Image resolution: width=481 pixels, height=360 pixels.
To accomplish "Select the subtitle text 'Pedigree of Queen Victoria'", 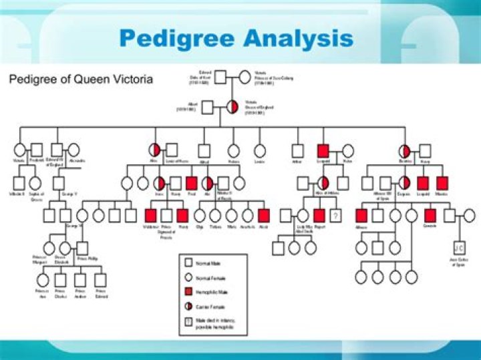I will (80, 79).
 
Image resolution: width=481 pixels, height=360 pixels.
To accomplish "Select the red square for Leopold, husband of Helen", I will (323, 152).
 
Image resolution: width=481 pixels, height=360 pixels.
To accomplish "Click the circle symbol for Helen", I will (347, 152).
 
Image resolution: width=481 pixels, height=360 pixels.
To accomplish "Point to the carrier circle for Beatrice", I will (405, 152).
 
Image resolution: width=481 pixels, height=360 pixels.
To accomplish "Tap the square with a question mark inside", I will (336, 215).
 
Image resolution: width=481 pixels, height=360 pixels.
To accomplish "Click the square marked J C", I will (459, 247).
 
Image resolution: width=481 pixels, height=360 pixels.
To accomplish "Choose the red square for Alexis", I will (264, 215).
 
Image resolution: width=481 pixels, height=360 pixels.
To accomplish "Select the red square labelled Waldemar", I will (150, 215).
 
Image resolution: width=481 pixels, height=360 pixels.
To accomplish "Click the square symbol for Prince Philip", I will (83, 247).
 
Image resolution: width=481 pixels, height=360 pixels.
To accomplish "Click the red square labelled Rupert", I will (319, 215).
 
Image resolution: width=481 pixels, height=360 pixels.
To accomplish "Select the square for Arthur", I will (298, 152).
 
